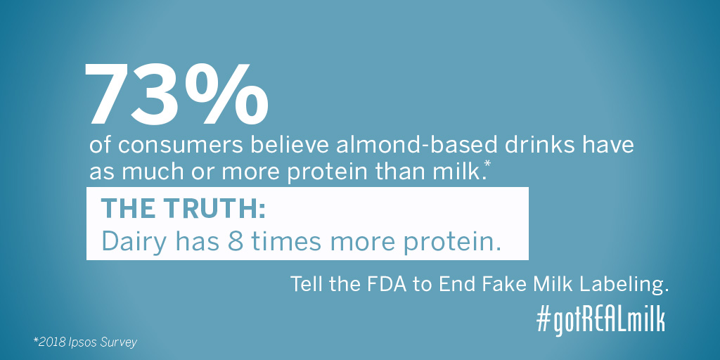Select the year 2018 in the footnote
click(x=48, y=342)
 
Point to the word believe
click(x=289, y=145)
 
